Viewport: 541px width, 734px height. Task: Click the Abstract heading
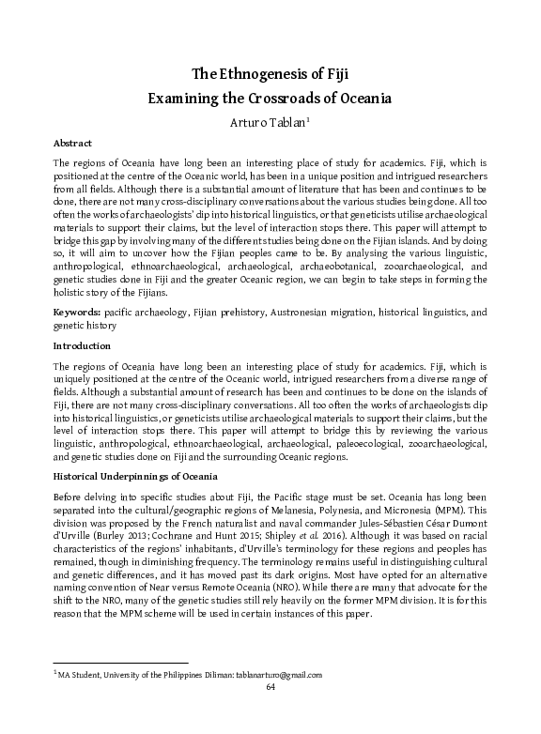73,145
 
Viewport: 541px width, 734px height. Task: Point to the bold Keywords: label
78,311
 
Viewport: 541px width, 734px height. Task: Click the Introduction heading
83,345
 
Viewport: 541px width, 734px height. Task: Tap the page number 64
270,686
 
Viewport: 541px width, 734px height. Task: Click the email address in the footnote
266,675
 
